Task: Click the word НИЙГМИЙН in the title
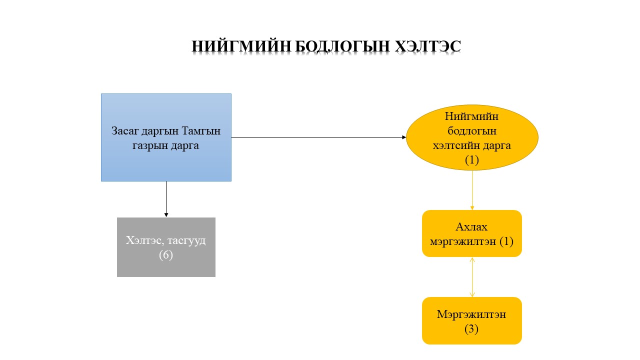pyautogui.click(x=241, y=46)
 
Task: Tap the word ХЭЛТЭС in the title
pyautogui.click(x=428, y=46)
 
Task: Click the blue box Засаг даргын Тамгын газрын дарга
pyautogui.click(x=166, y=137)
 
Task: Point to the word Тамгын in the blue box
pyautogui.click(x=201, y=131)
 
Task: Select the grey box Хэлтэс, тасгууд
pyautogui.click(x=166, y=247)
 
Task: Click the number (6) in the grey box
pyautogui.click(x=166, y=255)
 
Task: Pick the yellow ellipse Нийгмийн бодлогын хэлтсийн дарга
pyautogui.click(x=472, y=137)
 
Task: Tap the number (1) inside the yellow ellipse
pyautogui.click(x=471, y=159)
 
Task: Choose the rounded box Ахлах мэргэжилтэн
pyautogui.click(x=472, y=233)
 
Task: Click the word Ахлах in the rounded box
pyautogui.click(x=471, y=227)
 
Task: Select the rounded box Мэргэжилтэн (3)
pyautogui.click(x=472, y=320)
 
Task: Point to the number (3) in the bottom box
pyautogui.click(x=471, y=329)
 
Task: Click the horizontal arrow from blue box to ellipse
pyautogui.click(x=318, y=137)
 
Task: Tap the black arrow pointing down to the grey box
pyautogui.click(x=166, y=199)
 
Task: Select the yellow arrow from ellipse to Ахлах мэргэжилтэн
pyautogui.click(x=472, y=190)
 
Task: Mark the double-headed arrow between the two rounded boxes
pyautogui.click(x=472, y=277)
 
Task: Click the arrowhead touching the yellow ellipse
pyautogui.click(x=404, y=137)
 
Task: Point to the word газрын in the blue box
pyautogui.click(x=150, y=146)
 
